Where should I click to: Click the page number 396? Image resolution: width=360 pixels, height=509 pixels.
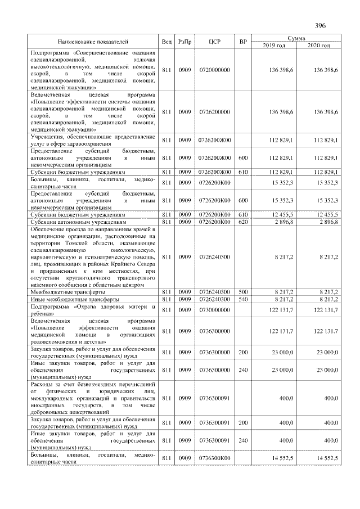pos(321,26)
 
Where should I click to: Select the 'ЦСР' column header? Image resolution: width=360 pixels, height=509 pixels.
pos(214,42)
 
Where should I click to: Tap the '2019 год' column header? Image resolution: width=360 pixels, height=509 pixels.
pos(274,45)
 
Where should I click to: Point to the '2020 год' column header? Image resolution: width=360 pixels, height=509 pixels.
pos(318,45)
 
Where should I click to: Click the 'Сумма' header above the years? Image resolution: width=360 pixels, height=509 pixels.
pos(296,38)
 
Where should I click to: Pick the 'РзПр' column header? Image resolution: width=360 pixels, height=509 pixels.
pos(184,42)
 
